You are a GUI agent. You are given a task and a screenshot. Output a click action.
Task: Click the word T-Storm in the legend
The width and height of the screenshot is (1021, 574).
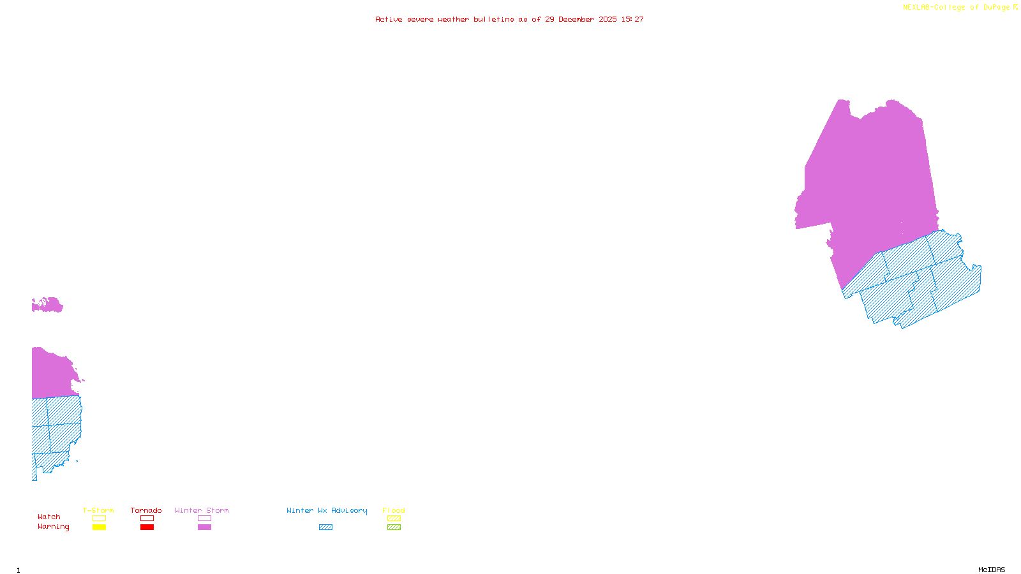98,510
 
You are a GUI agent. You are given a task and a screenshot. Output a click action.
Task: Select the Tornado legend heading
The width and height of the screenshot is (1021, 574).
146,510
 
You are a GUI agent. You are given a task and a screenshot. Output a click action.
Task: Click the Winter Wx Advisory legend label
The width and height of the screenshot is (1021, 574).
327,510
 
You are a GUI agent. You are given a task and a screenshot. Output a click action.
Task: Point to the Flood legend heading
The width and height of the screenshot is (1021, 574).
394,510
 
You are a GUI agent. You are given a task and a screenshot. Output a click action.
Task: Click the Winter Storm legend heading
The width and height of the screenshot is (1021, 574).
202,510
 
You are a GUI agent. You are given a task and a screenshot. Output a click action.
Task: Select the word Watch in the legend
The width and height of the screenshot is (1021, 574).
49,517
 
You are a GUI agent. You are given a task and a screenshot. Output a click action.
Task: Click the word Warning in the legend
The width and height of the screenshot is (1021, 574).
54,527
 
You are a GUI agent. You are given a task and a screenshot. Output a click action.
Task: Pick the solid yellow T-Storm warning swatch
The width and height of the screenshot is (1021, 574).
99,527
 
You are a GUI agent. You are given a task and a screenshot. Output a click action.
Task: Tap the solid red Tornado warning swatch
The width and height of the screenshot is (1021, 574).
147,527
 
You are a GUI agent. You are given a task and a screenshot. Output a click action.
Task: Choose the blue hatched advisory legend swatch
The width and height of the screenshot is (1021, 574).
325,527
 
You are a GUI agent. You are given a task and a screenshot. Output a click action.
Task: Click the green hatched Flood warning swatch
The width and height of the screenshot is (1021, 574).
394,527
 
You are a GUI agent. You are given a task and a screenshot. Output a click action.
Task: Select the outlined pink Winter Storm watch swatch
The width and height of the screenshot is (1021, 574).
204,519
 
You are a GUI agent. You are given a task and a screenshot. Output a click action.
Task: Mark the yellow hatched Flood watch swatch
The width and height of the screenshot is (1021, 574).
394,519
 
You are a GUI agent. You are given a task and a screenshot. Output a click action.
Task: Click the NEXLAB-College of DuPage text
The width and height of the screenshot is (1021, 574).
956,8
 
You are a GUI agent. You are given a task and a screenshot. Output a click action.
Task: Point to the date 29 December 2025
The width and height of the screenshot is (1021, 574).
581,19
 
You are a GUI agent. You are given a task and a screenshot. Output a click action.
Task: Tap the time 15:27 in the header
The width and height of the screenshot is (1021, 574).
632,19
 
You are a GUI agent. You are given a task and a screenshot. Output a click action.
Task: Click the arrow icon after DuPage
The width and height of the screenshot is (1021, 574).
1016,7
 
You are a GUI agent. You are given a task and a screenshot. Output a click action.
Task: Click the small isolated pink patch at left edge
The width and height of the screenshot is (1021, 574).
47,305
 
